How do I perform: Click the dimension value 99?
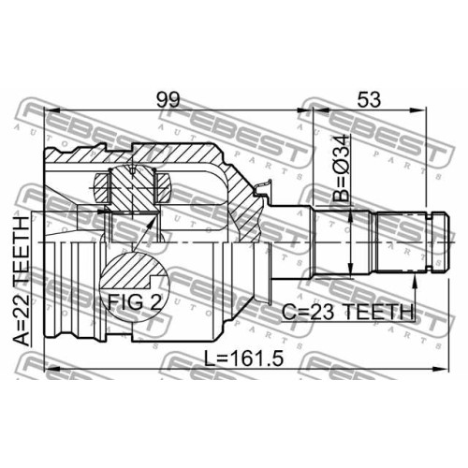tap(168, 99)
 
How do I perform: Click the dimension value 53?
tap(369, 99)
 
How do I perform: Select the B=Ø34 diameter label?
tap(341, 168)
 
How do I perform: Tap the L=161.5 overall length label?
tap(243, 358)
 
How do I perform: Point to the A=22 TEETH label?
tap(23, 281)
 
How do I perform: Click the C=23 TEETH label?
tap(347, 312)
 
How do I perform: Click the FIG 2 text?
tap(135, 301)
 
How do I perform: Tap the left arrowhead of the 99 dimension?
tap(52, 110)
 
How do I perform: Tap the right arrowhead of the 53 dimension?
tap(417, 110)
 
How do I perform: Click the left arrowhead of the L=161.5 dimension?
tap(52, 369)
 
